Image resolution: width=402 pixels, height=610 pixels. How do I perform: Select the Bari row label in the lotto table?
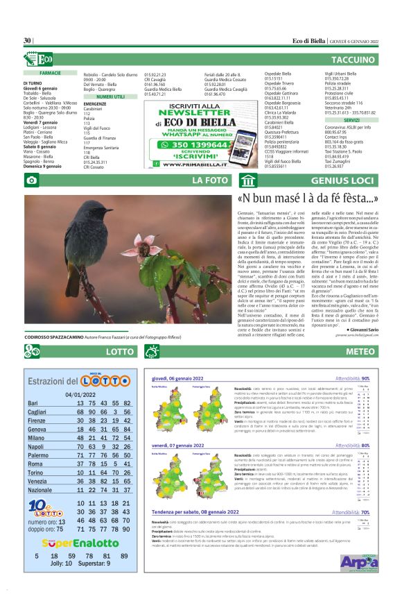tap(33, 403)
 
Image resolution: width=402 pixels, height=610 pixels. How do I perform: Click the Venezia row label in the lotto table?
tap(37, 480)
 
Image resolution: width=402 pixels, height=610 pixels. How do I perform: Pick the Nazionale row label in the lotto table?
tap(41, 490)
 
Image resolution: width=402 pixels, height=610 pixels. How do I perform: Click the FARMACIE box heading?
tap(50, 72)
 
